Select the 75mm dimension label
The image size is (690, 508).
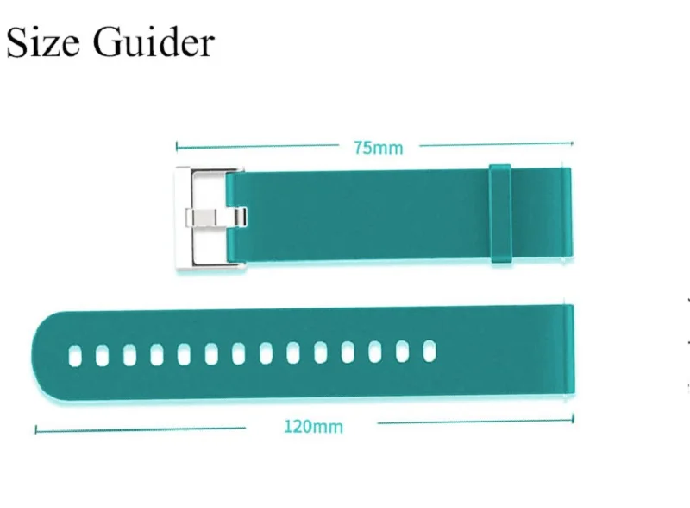[x=377, y=148]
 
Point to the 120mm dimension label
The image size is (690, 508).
[x=312, y=426]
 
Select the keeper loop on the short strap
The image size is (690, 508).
[x=500, y=213]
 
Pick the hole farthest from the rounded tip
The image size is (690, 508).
[x=429, y=350]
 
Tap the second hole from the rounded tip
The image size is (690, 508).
[x=102, y=352]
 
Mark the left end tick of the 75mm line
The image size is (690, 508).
[x=177, y=146]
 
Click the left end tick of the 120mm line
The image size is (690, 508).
[x=35, y=429]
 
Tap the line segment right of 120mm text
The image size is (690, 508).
[x=474, y=423]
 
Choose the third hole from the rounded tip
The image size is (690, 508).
[x=129, y=352]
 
